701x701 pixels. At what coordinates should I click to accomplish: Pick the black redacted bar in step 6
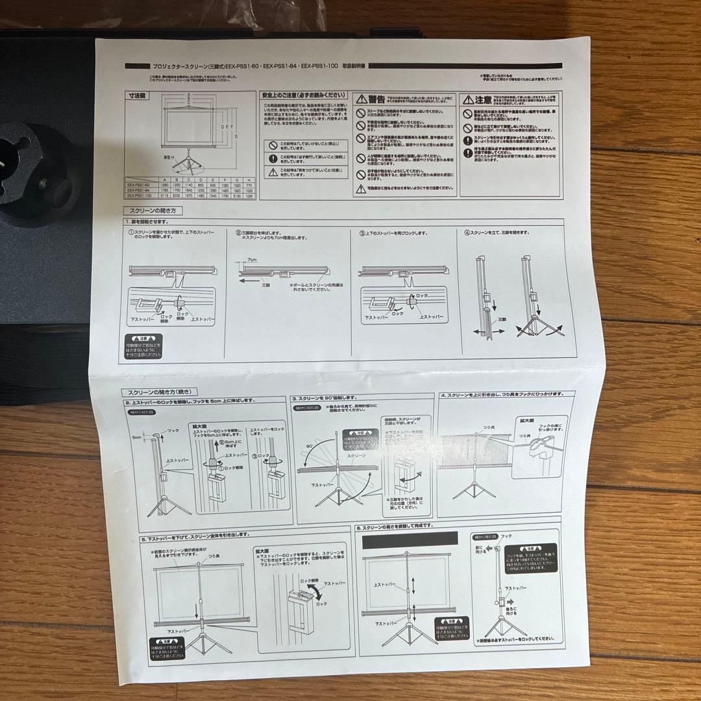pyautogui.click(x=410, y=539)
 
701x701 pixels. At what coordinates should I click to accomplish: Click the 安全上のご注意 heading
pyautogui.click(x=304, y=95)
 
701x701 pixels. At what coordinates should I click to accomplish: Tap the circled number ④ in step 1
pyautogui.click(x=467, y=232)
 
